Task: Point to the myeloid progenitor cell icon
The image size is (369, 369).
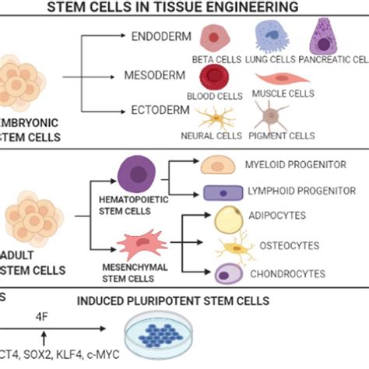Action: (x=219, y=166)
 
